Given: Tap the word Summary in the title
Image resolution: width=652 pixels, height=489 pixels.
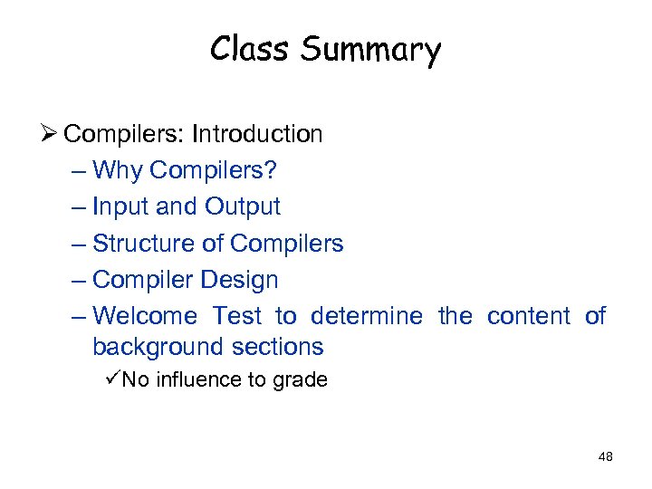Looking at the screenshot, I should pyautogui.click(x=370, y=51).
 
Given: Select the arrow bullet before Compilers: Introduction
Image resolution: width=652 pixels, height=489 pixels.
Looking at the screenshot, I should pyautogui.click(x=48, y=134).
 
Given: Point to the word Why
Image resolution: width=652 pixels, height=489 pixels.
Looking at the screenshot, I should pyautogui.click(x=119, y=171).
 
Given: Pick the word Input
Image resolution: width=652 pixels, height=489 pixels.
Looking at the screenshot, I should pyautogui.click(x=121, y=207).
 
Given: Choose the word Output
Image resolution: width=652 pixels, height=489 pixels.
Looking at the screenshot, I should pyautogui.click(x=242, y=207).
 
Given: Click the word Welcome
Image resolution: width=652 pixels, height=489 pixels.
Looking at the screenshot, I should pyautogui.click(x=145, y=316).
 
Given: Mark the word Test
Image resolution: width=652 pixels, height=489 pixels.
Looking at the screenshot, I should pyautogui.click(x=236, y=316).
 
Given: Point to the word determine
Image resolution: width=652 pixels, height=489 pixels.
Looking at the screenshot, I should pyautogui.click(x=366, y=316).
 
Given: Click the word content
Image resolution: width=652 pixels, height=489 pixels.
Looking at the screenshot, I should pyautogui.click(x=528, y=316).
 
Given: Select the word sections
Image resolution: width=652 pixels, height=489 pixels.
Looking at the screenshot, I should pyautogui.click(x=278, y=347).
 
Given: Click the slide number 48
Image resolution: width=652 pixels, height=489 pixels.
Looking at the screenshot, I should pyautogui.click(x=606, y=456).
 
